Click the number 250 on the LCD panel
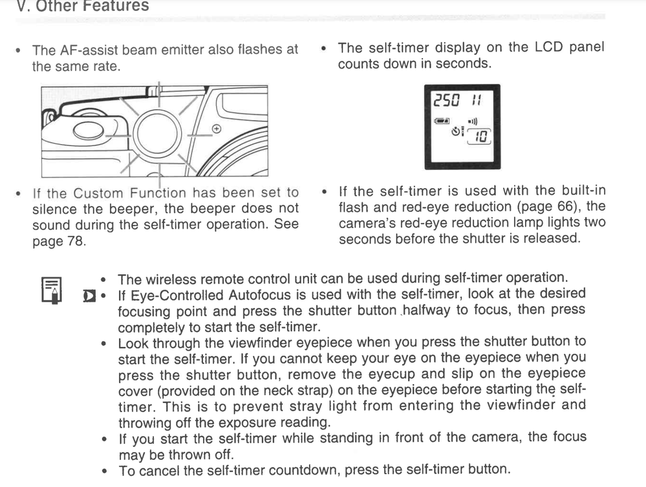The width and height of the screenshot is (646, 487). click(446, 100)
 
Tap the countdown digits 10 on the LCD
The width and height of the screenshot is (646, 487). click(480, 136)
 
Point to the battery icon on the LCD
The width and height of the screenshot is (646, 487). click(442, 121)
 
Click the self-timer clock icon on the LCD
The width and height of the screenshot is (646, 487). click(455, 131)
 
